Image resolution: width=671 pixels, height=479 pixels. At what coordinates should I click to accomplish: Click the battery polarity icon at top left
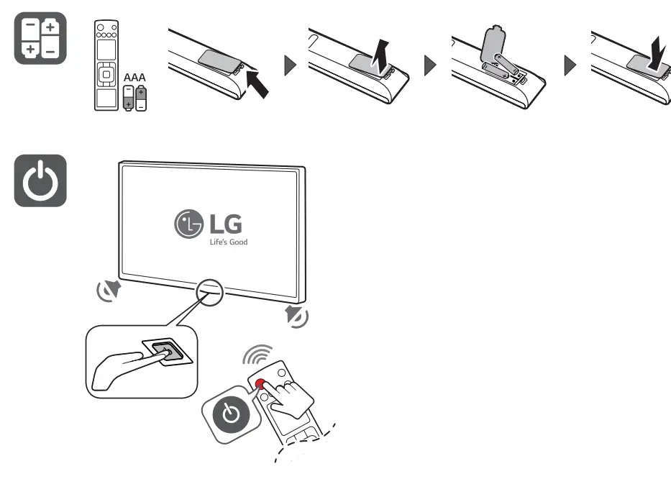pyautogui.click(x=40, y=37)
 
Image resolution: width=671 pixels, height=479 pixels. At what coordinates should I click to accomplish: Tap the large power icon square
pyautogui.click(x=40, y=181)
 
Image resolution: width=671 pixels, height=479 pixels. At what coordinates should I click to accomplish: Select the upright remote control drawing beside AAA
pyautogui.click(x=106, y=67)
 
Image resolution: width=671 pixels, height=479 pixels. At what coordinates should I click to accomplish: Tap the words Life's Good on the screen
pyautogui.click(x=229, y=242)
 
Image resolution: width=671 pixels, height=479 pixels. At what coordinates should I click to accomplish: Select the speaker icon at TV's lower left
pyautogui.click(x=109, y=291)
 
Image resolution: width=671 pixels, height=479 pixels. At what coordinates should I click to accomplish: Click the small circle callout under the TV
pyautogui.click(x=209, y=291)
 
